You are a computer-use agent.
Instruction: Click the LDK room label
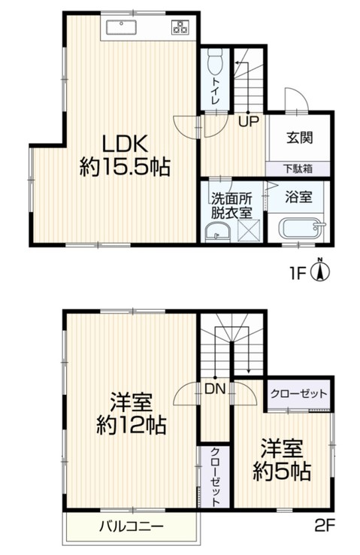tap(123, 142)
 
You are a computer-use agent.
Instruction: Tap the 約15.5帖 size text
tap(125, 167)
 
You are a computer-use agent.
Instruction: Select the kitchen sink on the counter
tap(121, 29)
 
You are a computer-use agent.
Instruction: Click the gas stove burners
tap(181, 29)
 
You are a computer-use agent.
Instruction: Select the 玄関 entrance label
tap(299, 138)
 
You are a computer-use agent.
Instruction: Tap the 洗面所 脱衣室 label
tap(230, 205)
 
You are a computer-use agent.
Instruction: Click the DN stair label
tap(214, 390)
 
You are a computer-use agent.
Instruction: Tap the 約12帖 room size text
tap(132, 426)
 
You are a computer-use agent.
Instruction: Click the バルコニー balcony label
tap(131, 526)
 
